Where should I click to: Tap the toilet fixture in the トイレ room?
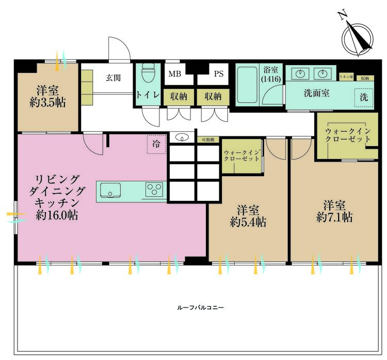click(x=148, y=75)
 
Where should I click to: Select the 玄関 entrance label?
click(x=114, y=78)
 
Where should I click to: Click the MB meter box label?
click(x=174, y=74)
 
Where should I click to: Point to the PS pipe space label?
click(x=218, y=74)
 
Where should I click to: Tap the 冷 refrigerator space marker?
click(x=156, y=144)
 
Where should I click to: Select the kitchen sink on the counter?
click(x=110, y=190)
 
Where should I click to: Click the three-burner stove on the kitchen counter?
click(x=154, y=190)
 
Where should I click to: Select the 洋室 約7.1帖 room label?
click(x=334, y=211)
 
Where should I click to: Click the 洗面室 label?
click(x=317, y=94)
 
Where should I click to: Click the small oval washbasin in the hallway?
click(x=182, y=137)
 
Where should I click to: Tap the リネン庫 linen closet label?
click(x=345, y=76)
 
